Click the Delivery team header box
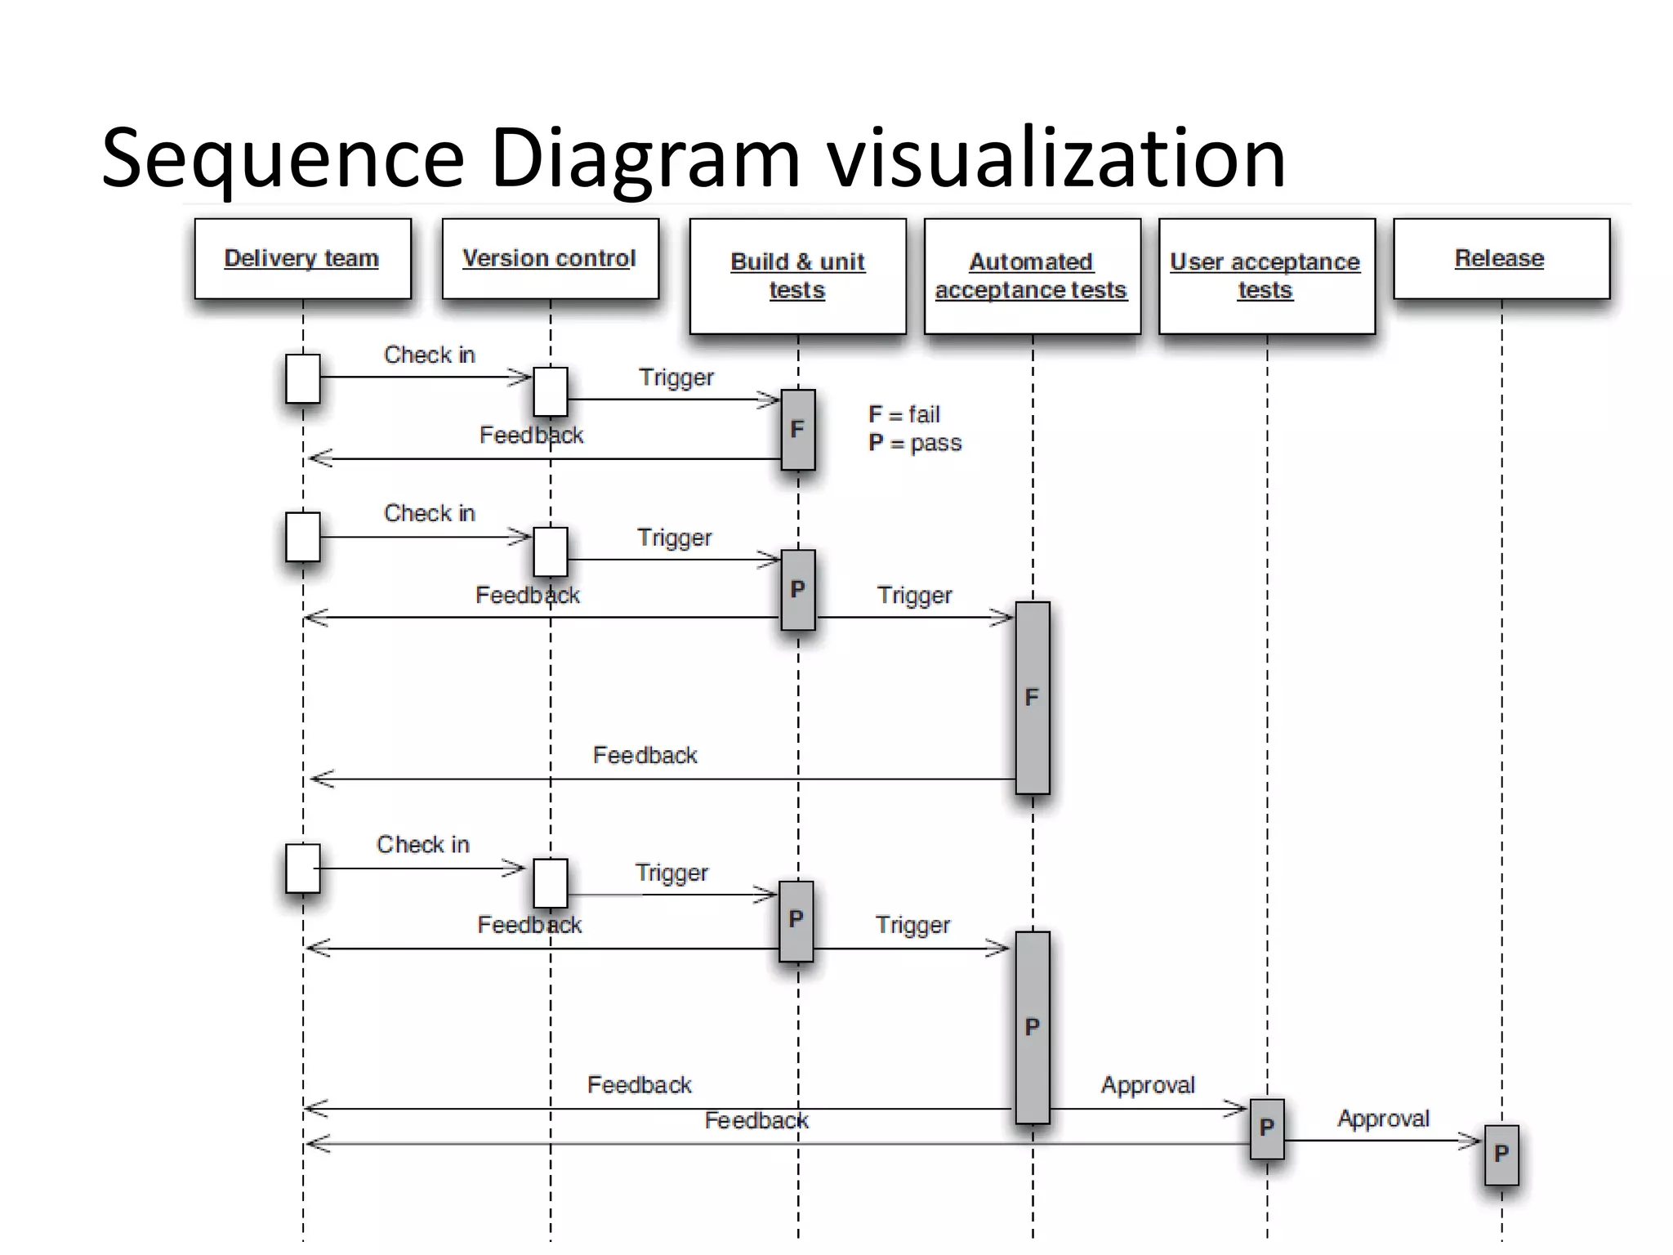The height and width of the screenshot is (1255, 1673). point(302,258)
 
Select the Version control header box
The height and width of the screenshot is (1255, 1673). point(550,258)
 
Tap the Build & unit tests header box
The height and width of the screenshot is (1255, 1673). point(797,276)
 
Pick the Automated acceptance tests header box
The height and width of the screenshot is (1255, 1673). point(1032,276)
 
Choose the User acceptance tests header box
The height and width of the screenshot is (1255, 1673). point(1266,276)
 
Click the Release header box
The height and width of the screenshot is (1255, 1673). point(1501,258)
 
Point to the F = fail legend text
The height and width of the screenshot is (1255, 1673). point(904,415)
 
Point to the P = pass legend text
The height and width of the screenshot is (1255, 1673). point(915,443)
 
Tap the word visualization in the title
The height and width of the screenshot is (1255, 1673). point(1056,159)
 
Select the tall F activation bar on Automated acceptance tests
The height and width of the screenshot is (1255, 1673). point(1033,698)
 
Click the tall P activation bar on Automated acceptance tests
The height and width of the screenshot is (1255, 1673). point(1033,1027)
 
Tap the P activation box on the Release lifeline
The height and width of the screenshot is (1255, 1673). point(1501,1155)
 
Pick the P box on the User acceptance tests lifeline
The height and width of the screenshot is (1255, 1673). point(1267,1128)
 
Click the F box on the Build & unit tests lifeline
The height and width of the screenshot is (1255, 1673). point(798,430)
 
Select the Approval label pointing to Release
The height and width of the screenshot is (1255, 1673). point(1383,1119)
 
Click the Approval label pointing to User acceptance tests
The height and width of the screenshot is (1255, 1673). point(1148,1085)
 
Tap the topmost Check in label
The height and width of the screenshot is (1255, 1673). point(429,355)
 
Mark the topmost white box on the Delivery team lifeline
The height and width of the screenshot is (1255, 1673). point(302,378)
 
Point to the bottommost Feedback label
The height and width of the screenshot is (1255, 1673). point(756,1121)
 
